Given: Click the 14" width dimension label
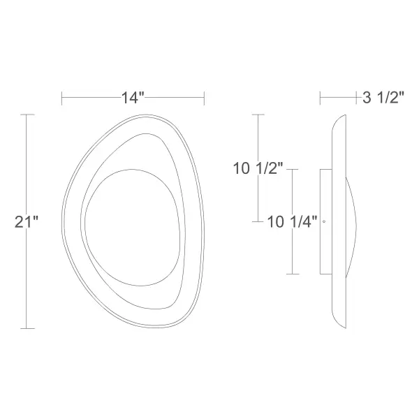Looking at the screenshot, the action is (133, 98).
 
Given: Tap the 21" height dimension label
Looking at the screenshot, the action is (27, 222).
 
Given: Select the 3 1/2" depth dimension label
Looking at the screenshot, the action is (383, 97).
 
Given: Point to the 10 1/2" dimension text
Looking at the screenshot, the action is (258, 168).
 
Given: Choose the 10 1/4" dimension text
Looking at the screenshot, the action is (292, 222).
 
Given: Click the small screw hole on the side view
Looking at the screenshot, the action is (324, 221).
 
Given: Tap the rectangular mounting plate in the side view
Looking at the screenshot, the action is (326, 221).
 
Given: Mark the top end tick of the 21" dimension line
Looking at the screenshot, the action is (27, 115).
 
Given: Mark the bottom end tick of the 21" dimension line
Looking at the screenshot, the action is (27, 328).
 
